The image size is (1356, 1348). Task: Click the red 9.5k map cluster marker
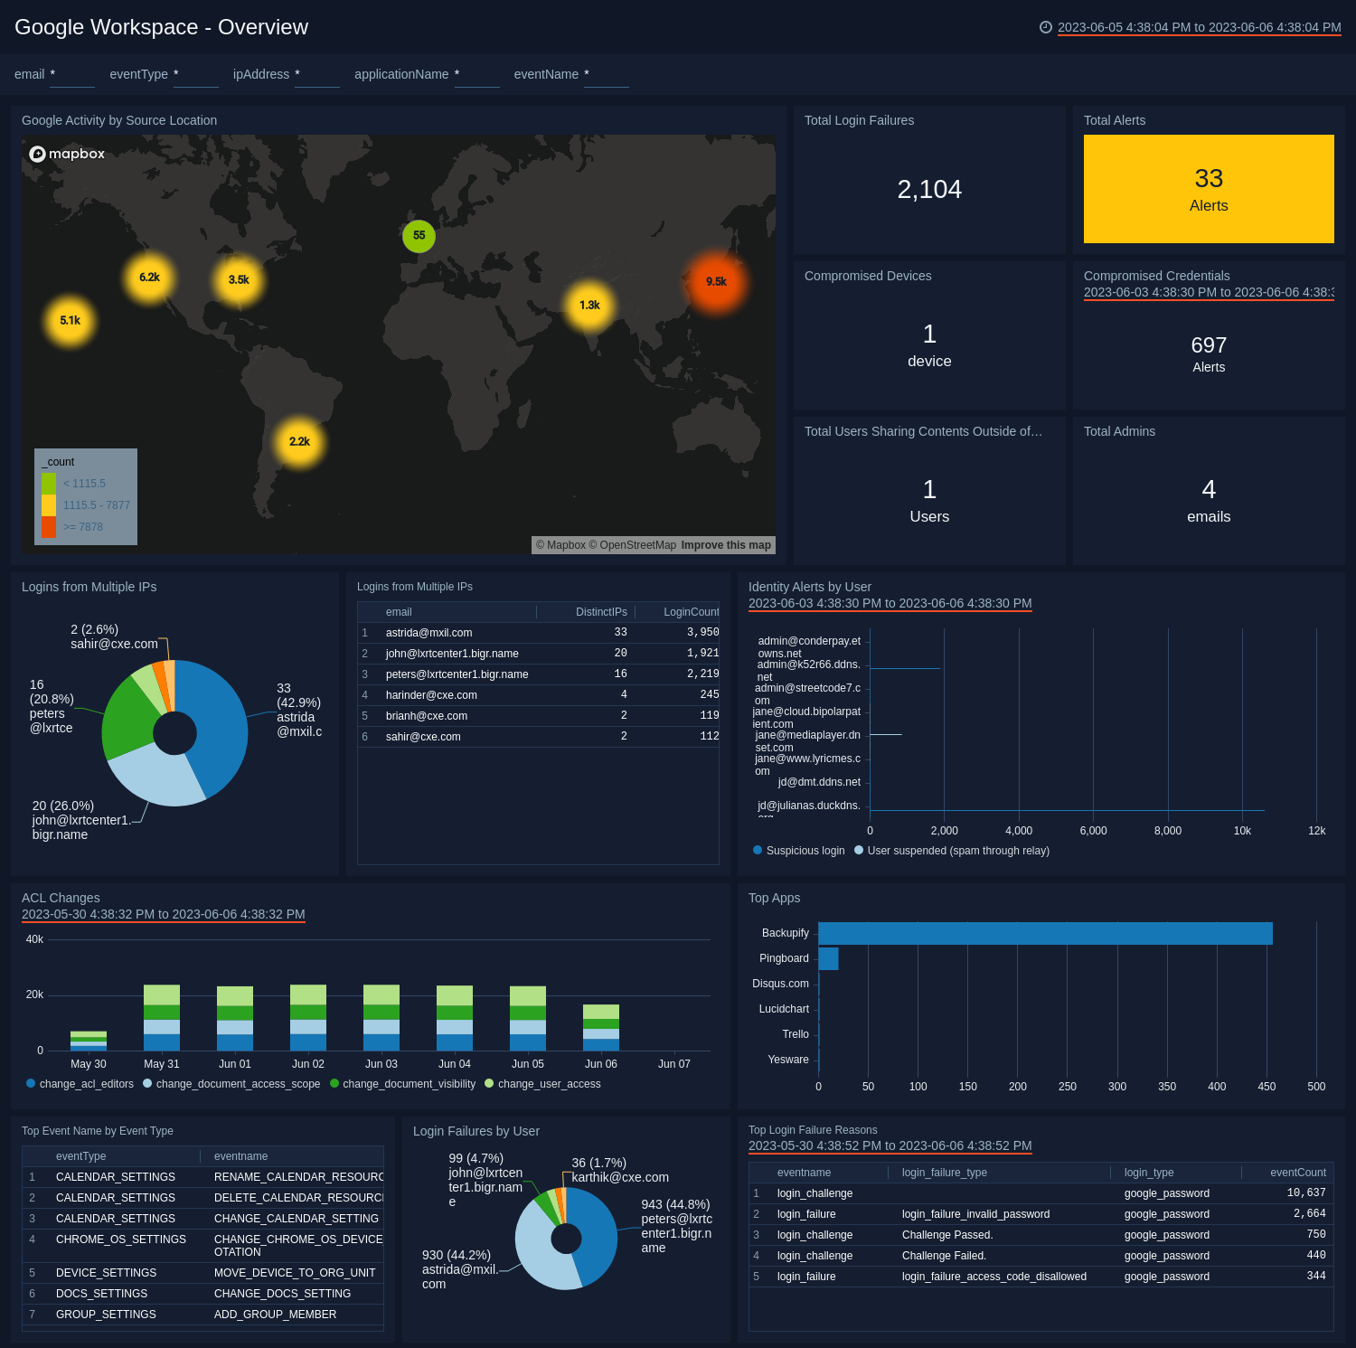click(x=716, y=282)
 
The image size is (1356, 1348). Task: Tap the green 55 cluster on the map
click(x=419, y=236)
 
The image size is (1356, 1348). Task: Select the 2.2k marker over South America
click(x=299, y=442)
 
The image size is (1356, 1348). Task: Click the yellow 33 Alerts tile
click(x=1208, y=189)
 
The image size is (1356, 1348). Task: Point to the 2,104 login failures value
click(x=928, y=190)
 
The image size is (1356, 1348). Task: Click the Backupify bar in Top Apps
click(x=1044, y=933)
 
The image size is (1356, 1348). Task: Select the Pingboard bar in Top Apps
click(x=828, y=958)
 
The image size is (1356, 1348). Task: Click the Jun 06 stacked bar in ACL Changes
click(x=600, y=1028)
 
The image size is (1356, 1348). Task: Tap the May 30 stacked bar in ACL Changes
click(x=89, y=1041)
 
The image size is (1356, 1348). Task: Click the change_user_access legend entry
click(x=548, y=1084)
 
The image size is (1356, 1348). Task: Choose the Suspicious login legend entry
click(x=805, y=851)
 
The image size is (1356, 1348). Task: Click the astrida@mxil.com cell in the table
click(x=428, y=633)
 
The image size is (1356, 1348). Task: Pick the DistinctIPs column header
click(x=600, y=612)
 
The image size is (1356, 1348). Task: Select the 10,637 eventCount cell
click(x=1305, y=1193)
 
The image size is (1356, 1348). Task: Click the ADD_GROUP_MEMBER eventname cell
click(x=275, y=1315)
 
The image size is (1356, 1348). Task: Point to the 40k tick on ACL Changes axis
click(x=34, y=939)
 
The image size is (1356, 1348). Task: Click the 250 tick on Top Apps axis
click(x=1068, y=1087)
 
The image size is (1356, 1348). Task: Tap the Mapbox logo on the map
click(x=68, y=154)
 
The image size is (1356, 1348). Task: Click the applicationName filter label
click(x=401, y=74)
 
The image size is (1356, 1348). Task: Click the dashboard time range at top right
click(x=1198, y=27)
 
